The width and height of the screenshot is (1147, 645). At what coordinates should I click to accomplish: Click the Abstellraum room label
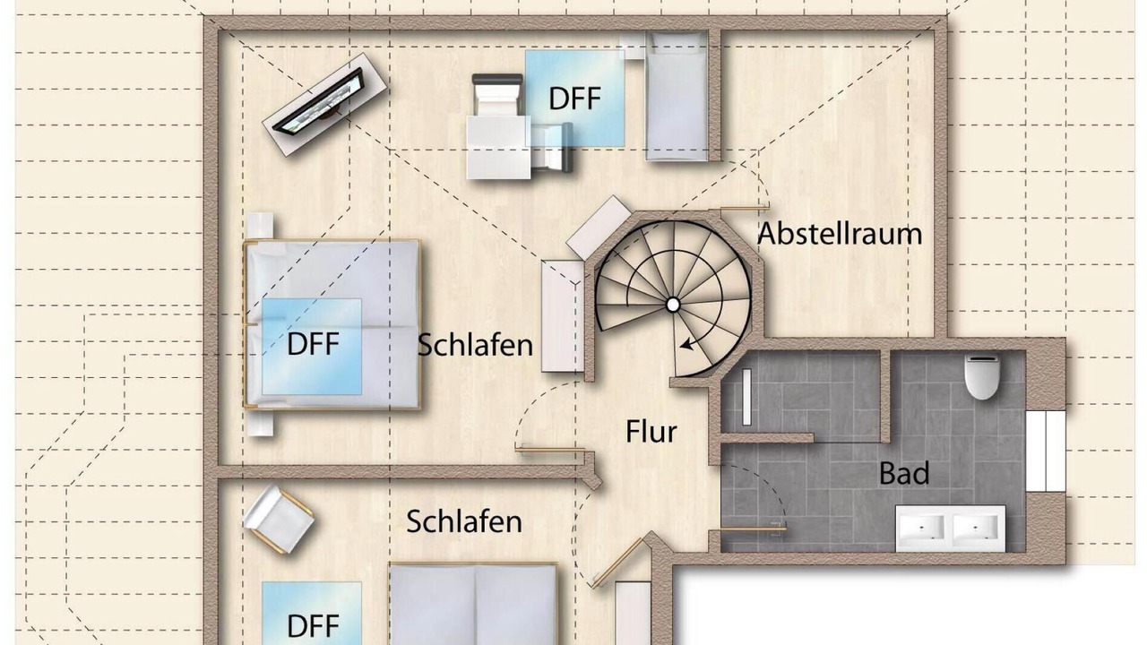840,234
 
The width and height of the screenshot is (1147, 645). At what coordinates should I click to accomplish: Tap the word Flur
651,432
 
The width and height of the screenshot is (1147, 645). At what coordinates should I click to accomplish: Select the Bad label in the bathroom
904,474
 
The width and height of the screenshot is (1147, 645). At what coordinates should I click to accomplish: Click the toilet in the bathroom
981,377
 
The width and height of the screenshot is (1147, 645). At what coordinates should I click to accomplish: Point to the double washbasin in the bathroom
950,529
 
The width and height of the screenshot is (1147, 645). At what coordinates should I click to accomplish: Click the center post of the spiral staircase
673,305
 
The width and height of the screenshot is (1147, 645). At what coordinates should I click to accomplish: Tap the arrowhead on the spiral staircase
686,345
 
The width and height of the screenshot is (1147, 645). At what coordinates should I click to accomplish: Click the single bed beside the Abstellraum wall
677,96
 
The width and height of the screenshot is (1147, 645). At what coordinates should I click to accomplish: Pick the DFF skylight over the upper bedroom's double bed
312,347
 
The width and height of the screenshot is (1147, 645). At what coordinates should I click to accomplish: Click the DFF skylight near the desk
575,99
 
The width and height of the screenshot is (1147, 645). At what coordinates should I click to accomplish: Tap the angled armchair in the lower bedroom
278,519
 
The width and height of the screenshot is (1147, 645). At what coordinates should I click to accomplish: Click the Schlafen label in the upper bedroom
475,346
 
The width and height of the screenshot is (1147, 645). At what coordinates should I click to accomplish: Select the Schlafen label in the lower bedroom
464,522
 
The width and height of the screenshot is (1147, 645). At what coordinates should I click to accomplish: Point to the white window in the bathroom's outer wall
1046,451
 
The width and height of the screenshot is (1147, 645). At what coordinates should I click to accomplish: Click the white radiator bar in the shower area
746,397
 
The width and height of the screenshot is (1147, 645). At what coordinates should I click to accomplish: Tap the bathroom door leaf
753,529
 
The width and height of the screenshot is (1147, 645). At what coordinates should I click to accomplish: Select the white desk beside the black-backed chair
499,148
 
